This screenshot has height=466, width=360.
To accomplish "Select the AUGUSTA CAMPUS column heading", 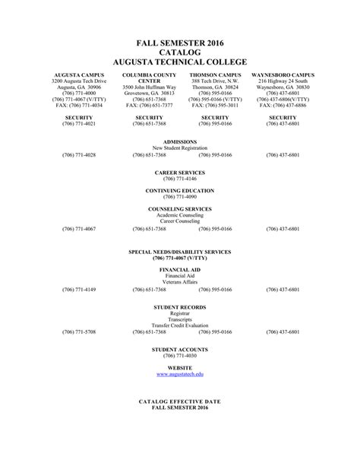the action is (79, 75).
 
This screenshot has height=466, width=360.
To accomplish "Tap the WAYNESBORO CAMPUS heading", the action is (282, 75).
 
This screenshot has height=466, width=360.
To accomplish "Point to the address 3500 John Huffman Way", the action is (149, 87).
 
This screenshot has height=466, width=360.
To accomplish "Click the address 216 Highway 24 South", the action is (282, 81).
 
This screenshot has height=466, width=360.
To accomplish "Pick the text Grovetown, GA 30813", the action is (149, 94).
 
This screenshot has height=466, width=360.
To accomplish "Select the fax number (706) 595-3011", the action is (215, 106).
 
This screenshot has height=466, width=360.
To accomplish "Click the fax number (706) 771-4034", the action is (79, 106).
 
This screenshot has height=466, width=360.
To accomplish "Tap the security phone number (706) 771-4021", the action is (79, 124).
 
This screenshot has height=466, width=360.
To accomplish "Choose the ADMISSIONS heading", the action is (180, 142).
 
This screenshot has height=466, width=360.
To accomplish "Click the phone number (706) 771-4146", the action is (180, 179).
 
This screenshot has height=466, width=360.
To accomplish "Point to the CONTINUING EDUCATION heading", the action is (180, 191).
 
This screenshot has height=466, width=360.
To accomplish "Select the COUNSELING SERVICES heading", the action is (180, 209).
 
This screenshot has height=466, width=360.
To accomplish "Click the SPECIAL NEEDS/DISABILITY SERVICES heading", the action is (180, 252).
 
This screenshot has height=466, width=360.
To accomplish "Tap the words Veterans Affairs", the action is (180, 282).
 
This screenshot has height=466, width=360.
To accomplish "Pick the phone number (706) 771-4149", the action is (79, 290).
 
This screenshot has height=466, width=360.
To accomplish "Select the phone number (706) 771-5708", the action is (79, 332).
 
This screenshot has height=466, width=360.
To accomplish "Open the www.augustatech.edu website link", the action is (180, 375).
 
